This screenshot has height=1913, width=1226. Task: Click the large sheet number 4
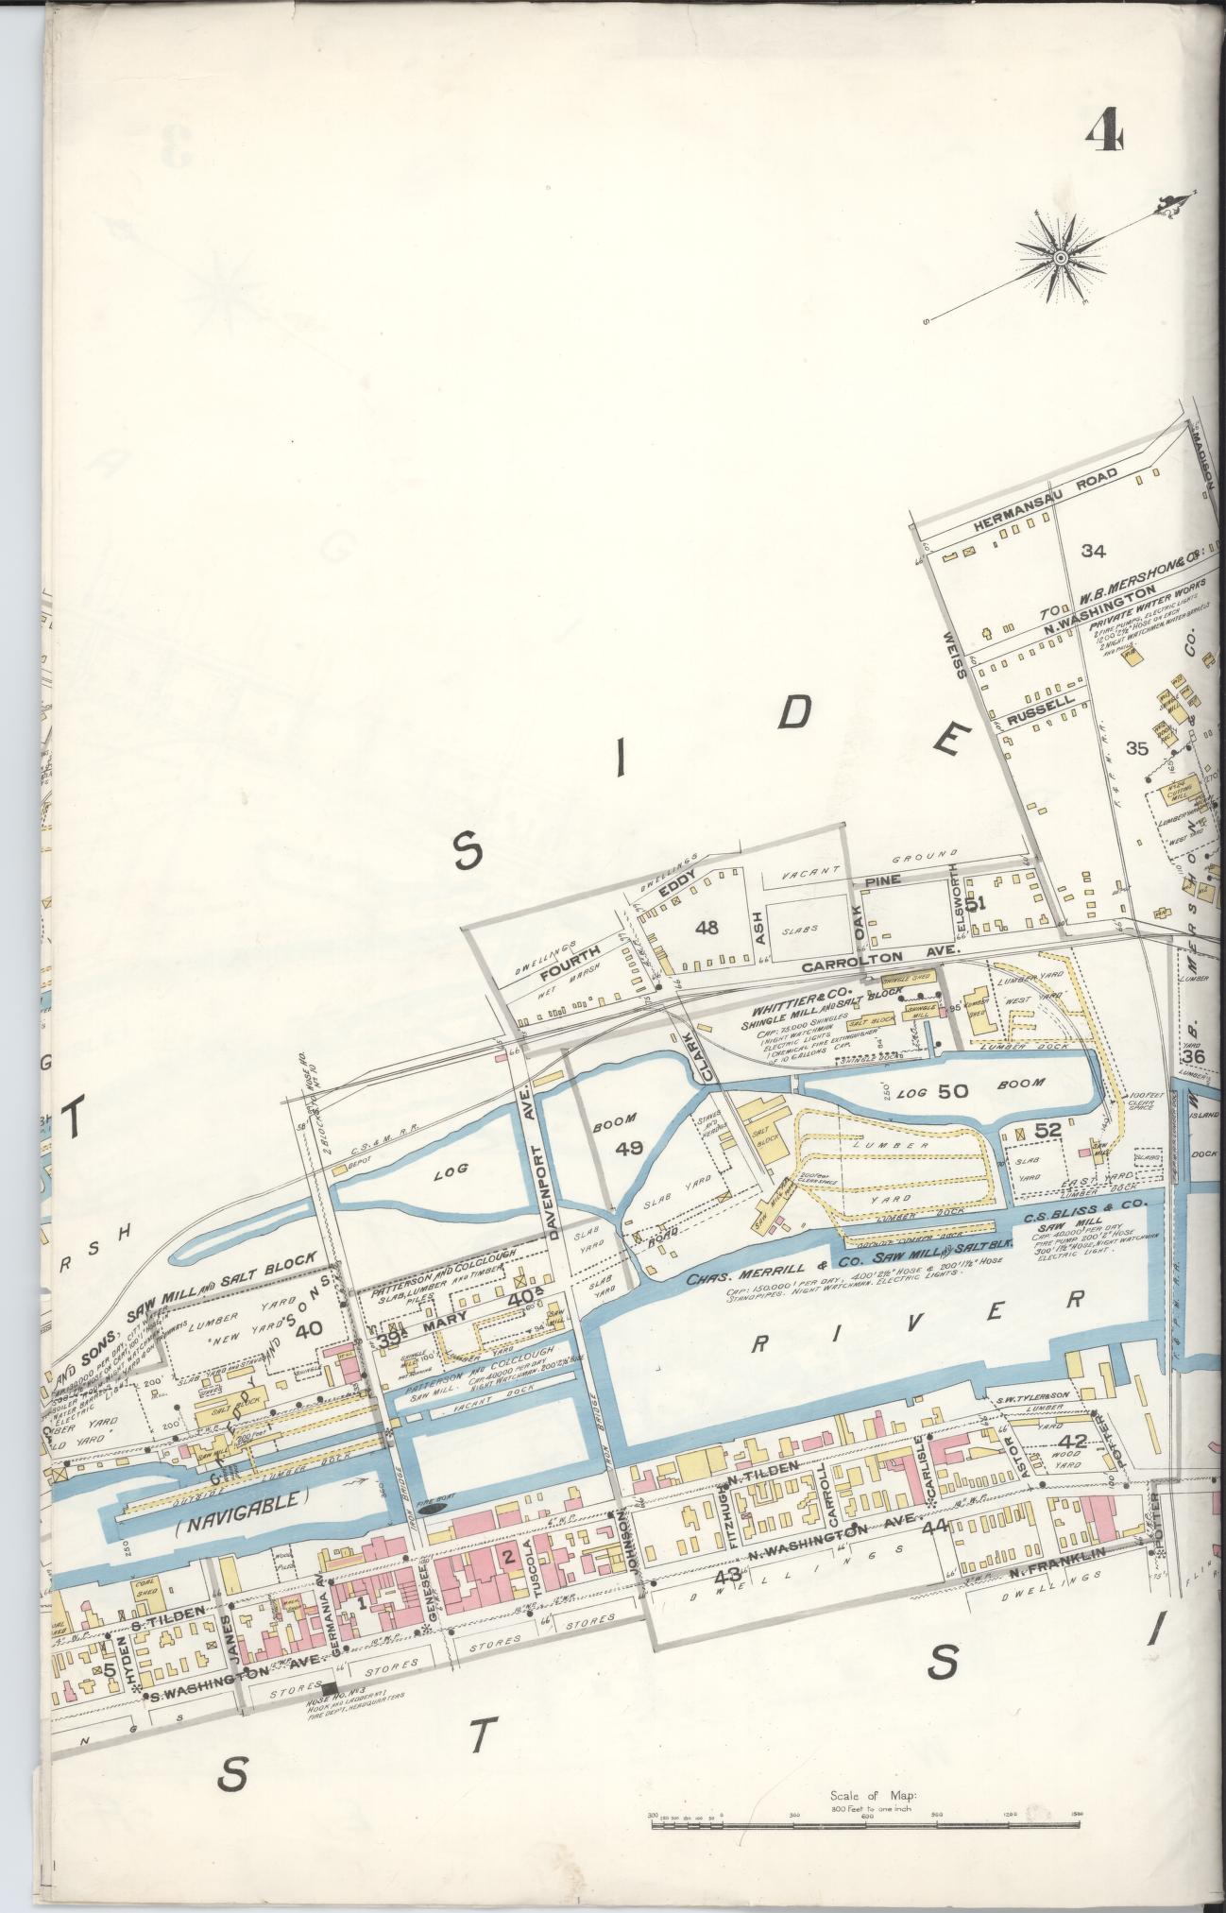(x=1103, y=131)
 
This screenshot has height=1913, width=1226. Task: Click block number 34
(x=1093, y=551)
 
